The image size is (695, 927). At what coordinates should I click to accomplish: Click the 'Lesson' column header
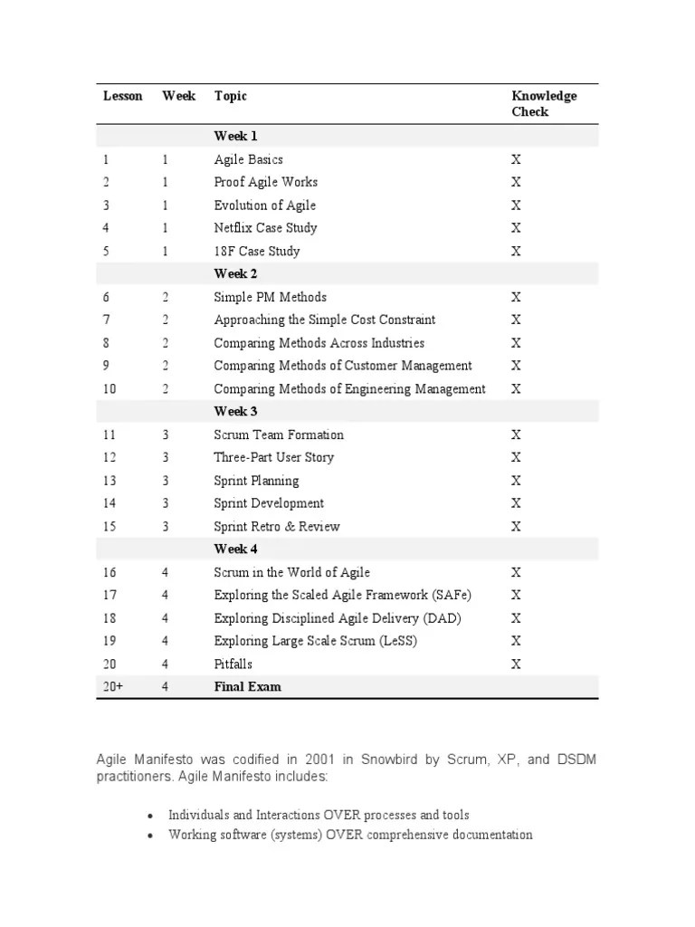click(122, 96)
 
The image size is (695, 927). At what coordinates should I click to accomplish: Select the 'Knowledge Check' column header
click(543, 104)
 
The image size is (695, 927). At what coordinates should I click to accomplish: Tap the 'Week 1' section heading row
click(235, 136)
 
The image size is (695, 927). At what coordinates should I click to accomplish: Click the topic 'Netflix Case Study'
click(265, 228)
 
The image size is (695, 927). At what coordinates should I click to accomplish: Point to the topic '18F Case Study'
click(256, 251)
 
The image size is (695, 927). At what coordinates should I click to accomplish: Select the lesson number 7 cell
click(107, 320)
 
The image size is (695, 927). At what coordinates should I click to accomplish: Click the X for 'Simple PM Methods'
click(516, 297)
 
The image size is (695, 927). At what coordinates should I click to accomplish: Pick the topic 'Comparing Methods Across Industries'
click(319, 343)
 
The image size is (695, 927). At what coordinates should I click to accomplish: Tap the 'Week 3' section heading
click(235, 411)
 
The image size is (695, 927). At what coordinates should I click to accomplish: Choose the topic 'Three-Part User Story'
click(273, 457)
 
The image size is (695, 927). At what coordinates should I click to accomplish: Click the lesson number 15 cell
click(109, 526)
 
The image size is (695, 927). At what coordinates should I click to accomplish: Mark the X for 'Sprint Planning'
click(516, 481)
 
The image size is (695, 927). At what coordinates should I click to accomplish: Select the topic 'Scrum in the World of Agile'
click(291, 572)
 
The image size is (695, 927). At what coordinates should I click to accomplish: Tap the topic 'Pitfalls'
click(234, 664)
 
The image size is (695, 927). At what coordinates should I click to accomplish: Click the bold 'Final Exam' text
click(247, 686)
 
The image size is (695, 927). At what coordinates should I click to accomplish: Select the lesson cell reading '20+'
click(113, 686)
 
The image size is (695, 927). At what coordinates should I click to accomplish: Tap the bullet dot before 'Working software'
click(151, 836)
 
